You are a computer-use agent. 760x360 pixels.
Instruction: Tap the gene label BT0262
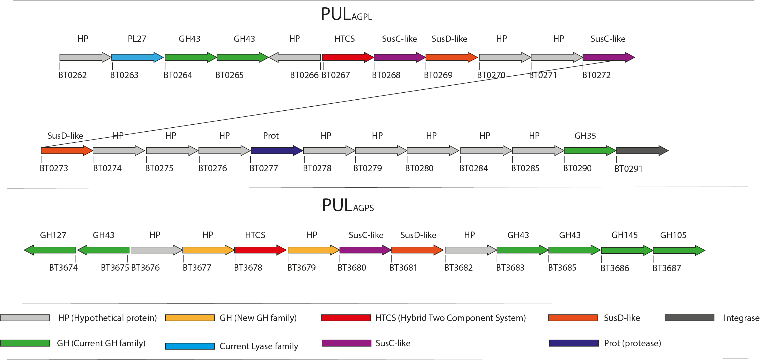pos(72,75)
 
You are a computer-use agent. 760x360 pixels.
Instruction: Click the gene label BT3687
pos(667,268)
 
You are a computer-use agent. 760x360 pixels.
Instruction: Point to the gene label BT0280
pos(419,168)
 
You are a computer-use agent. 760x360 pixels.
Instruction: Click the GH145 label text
pos(624,235)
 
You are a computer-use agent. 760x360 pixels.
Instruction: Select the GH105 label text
pos(673,235)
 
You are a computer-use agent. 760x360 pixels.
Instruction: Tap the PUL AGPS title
pos(348,205)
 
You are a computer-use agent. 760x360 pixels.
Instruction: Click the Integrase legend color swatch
pos(689,318)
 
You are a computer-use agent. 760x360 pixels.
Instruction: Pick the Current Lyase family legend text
pos(259,346)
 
